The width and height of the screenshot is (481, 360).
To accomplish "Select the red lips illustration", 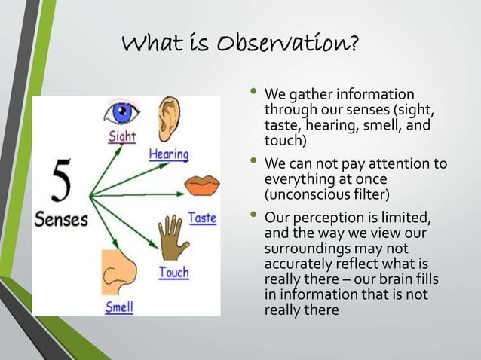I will click(x=201, y=184).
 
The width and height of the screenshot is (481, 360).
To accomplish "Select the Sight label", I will click(x=122, y=138).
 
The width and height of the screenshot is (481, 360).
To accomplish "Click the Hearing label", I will click(x=168, y=154).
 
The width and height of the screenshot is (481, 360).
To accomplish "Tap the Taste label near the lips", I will click(x=202, y=218).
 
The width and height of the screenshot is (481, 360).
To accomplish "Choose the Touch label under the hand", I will click(x=173, y=272).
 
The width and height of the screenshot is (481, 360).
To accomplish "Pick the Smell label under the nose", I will click(x=119, y=307).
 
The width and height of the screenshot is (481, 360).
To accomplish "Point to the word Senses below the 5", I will click(x=60, y=221).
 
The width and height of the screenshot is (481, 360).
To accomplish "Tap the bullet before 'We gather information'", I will click(x=253, y=94).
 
